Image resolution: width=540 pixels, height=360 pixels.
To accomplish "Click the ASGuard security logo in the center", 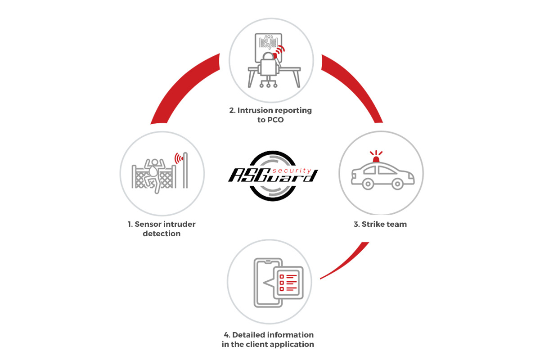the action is (x=273, y=176).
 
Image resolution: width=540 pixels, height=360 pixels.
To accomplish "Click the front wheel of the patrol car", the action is (x=397, y=184).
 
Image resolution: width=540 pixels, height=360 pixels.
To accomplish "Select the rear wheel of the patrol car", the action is (x=368, y=184).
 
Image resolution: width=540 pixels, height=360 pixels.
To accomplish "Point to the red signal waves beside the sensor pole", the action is (x=179, y=158).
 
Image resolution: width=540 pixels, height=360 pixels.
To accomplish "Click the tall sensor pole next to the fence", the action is (x=185, y=170).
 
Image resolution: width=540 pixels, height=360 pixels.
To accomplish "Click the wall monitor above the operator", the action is (x=268, y=47).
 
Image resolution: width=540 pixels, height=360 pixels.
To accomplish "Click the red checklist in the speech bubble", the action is (x=288, y=282).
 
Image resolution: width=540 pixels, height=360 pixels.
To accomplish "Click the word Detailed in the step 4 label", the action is (x=248, y=335).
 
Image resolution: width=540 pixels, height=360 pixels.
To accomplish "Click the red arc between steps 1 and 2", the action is (x=180, y=85).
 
